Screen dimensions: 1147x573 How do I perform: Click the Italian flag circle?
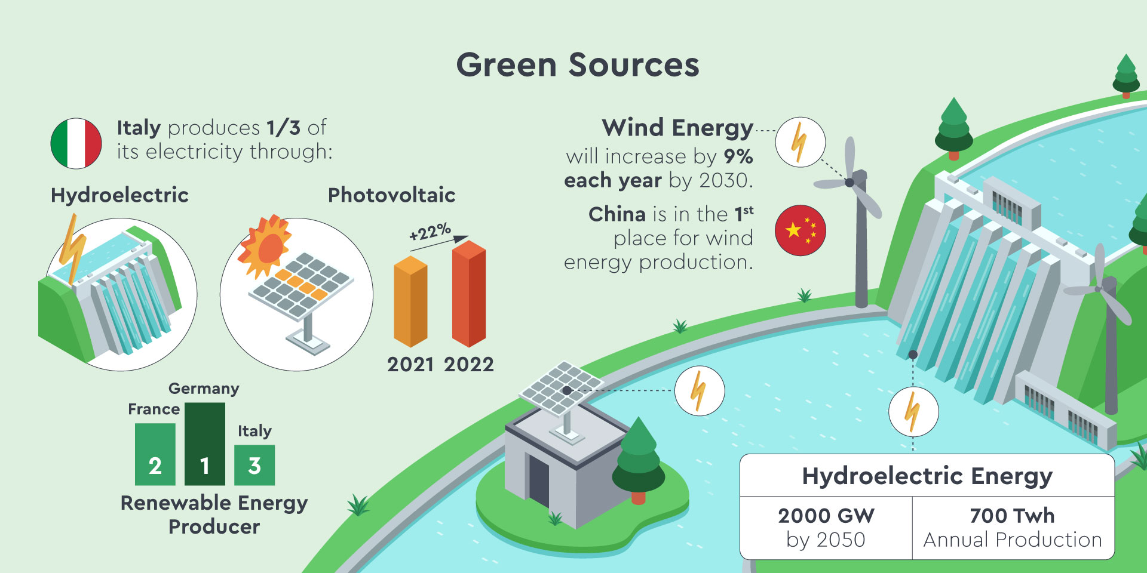pos(76,143)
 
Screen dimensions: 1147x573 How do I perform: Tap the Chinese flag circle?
pos(801,230)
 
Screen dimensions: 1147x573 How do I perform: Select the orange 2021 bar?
pos(410,301)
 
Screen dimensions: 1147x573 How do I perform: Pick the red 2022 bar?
pos(469,294)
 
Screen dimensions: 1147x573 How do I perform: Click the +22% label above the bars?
pos(430,231)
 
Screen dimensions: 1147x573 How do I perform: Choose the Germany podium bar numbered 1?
pos(205,444)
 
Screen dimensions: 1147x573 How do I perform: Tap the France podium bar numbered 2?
pos(155,454)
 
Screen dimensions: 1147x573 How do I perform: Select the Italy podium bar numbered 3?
pos(254,465)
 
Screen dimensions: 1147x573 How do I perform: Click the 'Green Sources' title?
pos(578,64)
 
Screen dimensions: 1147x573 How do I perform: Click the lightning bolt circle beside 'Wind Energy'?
pos(801,142)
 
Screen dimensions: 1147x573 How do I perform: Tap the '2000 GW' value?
pos(826,515)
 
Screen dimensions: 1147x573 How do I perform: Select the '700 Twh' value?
pos(1013,515)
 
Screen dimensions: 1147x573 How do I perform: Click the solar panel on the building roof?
pos(561,388)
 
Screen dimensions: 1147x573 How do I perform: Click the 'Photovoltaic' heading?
pos(392,195)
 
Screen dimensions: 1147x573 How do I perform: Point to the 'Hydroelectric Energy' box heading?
pos(927,476)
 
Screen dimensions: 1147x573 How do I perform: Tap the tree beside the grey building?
pos(639,460)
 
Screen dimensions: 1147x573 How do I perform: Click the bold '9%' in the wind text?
pos(738,156)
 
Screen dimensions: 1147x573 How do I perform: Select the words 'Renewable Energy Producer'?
pos(214,515)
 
